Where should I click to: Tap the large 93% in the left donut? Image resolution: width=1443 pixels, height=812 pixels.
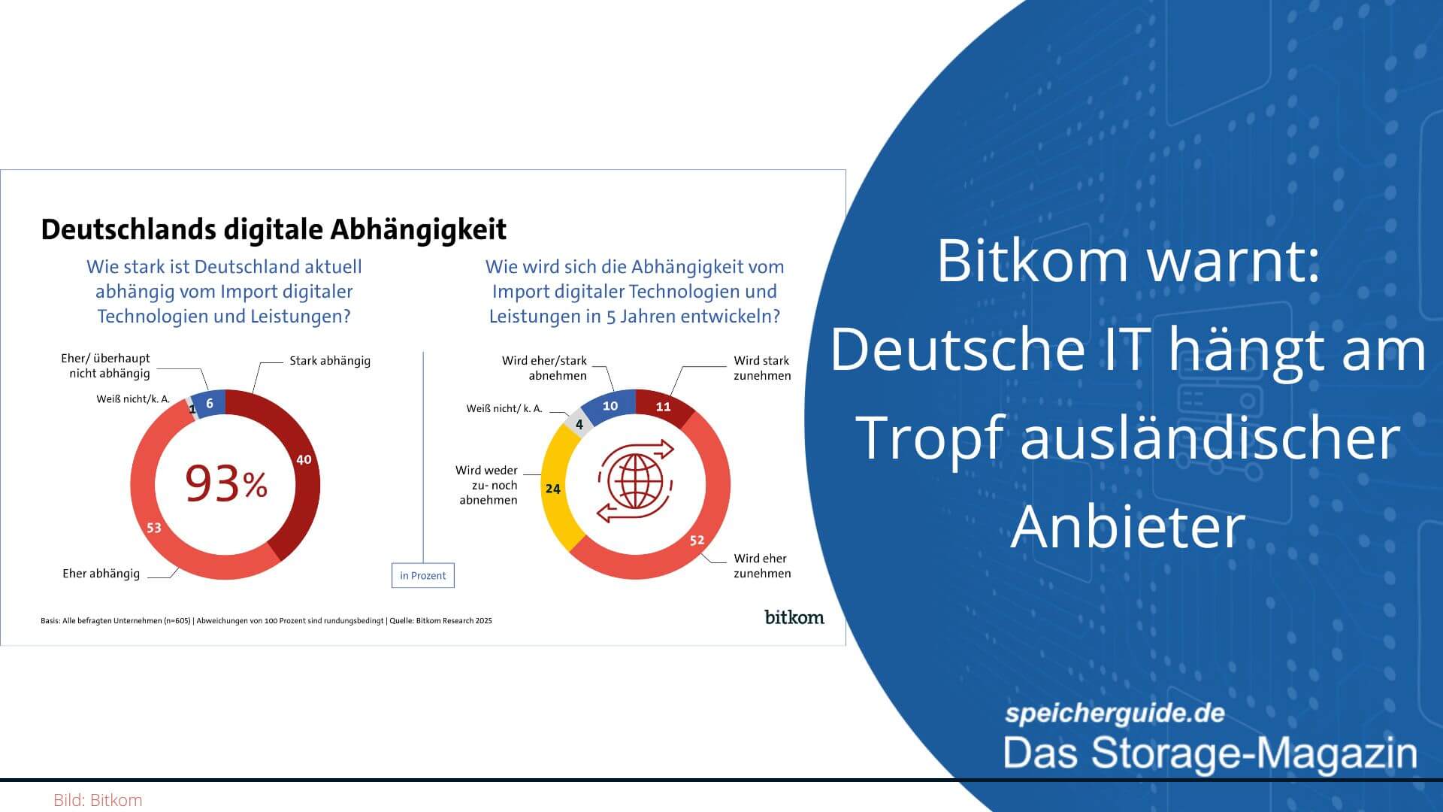coord(226,483)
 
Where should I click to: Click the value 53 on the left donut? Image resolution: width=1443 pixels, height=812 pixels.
coord(154,528)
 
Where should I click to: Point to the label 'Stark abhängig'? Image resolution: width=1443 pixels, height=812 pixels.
coord(330,361)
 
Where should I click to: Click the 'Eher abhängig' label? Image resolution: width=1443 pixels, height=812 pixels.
coord(101,574)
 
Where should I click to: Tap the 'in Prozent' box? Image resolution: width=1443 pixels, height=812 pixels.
coord(422,575)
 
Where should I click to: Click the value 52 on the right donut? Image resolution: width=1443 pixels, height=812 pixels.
coord(697,540)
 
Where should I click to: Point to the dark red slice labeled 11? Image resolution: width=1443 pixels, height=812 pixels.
coord(663,407)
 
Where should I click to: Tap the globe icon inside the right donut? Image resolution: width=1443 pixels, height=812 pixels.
coord(636,481)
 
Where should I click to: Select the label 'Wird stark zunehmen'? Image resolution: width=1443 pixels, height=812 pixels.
coord(762,368)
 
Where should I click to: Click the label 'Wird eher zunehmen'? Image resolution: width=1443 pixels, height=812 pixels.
coord(762,566)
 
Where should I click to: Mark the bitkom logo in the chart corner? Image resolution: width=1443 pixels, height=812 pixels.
coord(794,617)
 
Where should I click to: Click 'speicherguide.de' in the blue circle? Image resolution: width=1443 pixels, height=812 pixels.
coord(1115,714)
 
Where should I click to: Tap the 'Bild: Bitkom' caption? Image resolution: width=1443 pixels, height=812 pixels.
coord(98,800)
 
